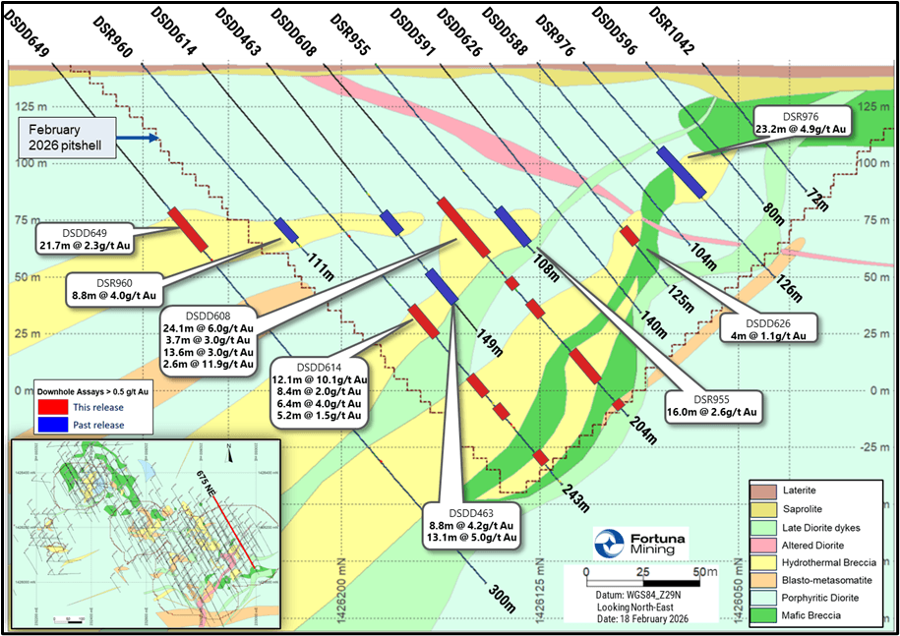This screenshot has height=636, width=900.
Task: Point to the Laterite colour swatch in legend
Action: coord(762,490)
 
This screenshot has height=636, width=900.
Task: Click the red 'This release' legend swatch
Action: coord(48,405)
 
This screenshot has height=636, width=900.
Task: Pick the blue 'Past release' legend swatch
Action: coord(48,425)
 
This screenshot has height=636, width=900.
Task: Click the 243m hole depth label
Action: coord(575,496)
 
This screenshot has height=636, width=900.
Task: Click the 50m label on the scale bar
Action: coord(703,572)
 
